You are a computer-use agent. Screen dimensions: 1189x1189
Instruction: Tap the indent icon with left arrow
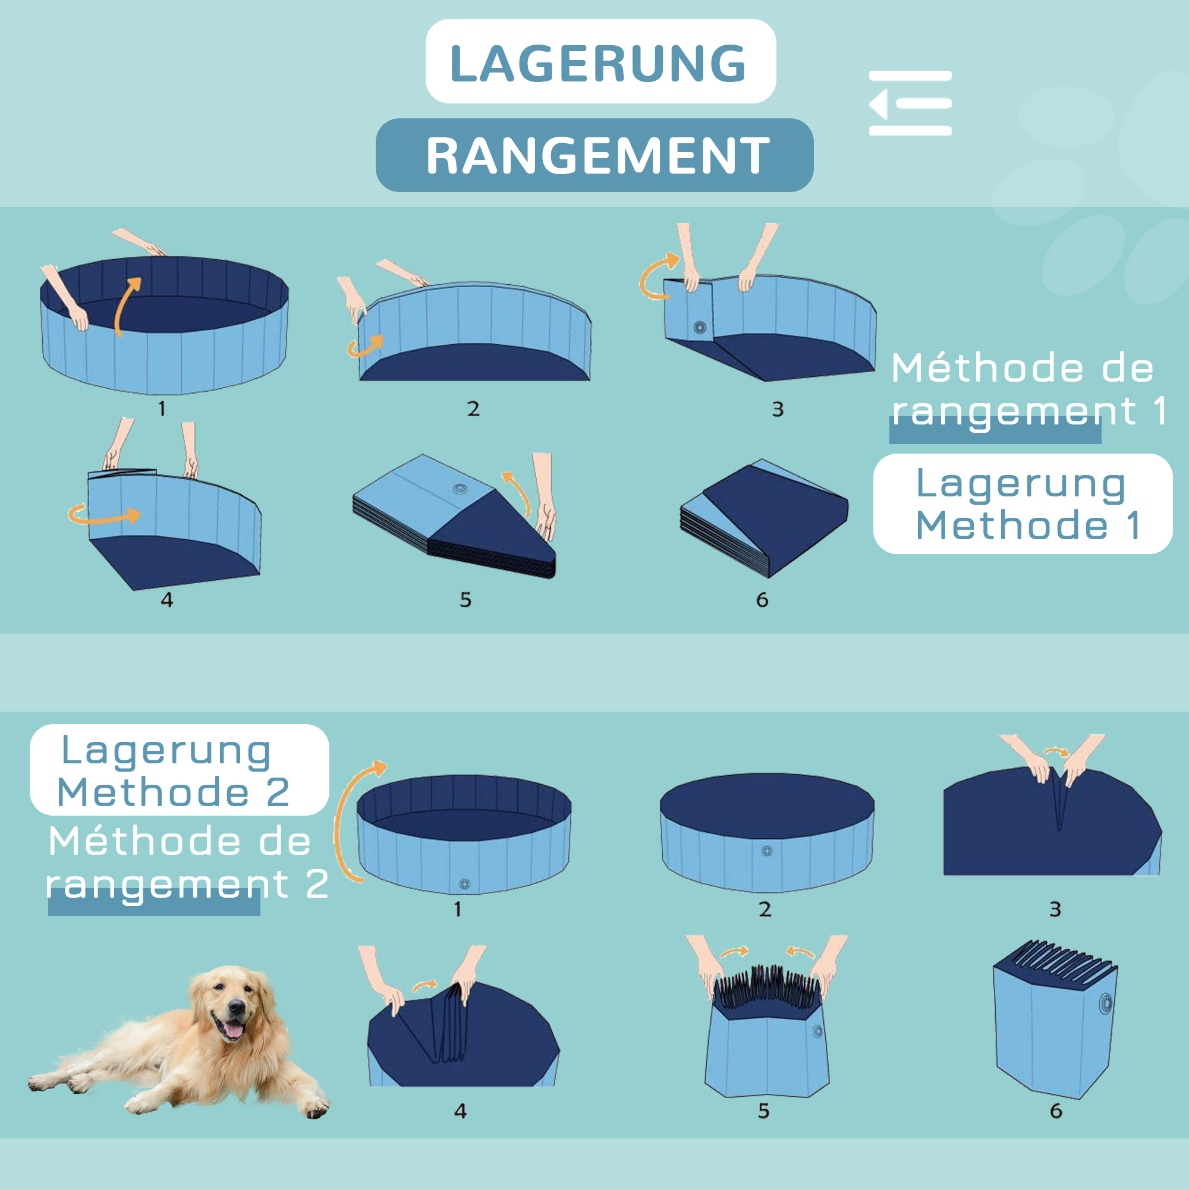pyautogui.click(x=910, y=103)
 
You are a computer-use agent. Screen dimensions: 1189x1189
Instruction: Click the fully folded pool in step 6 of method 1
pyautogui.click(x=766, y=518)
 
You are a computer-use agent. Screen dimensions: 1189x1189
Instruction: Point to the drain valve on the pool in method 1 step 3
pyautogui.click(x=699, y=327)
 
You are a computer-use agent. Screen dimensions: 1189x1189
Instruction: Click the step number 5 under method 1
pyautogui.click(x=465, y=599)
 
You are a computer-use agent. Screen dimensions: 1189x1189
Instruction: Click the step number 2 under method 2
pyautogui.click(x=765, y=909)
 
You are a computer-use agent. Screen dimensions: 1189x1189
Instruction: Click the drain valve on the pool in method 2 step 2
pyautogui.click(x=767, y=851)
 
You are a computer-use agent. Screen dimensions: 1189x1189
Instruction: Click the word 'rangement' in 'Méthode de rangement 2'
pyautogui.click(x=168, y=885)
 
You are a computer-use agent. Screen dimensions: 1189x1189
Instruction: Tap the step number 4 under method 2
pyautogui.click(x=460, y=1111)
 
